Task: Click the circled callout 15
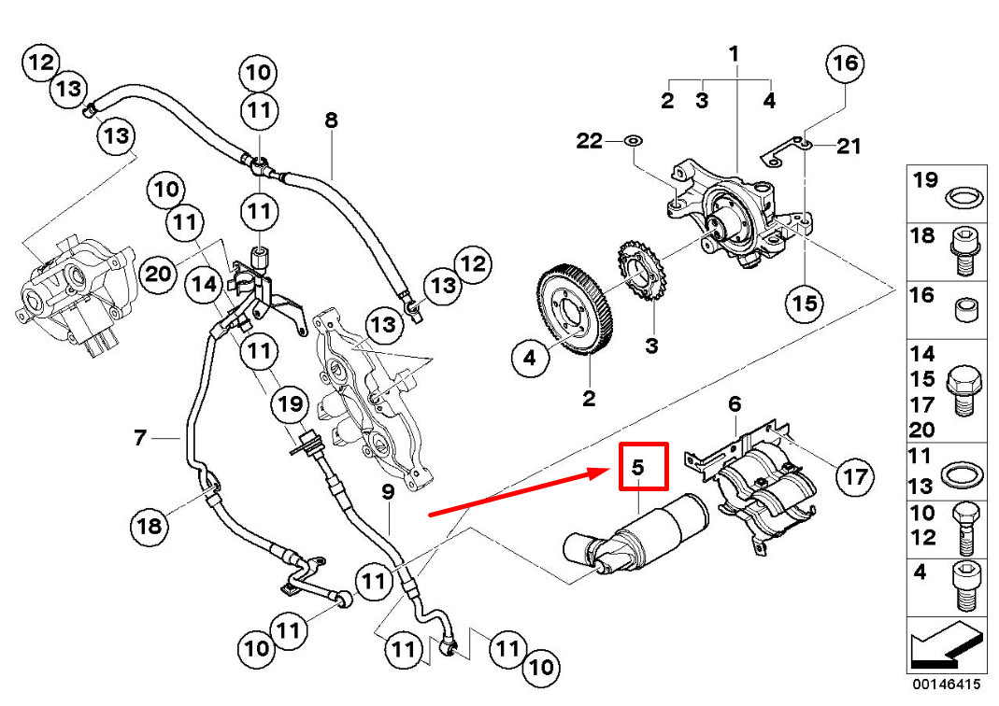point(805,303)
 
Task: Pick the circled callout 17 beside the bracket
point(856,477)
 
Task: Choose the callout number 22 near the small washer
point(590,141)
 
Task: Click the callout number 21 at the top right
point(848,146)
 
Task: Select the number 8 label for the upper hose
point(330,120)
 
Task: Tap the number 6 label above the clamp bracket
point(734,403)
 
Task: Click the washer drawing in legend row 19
point(963,197)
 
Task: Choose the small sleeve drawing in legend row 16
point(963,308)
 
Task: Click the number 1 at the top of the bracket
point(734,54)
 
